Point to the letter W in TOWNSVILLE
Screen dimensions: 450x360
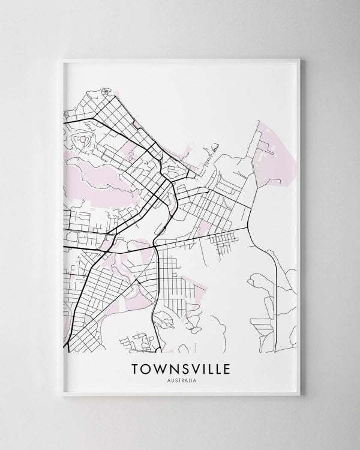pyautogui.click(x=160, y=365)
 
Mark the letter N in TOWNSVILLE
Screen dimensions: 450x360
pyautogui.click(x=173, y=365)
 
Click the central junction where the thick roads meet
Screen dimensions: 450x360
pyautogui.click(x=154, y=245)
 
